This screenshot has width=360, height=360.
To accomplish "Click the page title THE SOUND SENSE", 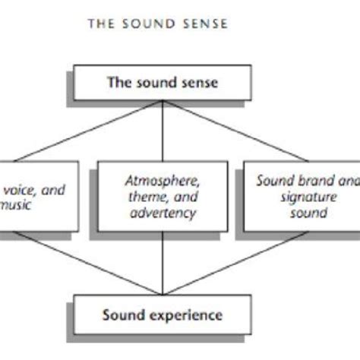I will tap(158, 24).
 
